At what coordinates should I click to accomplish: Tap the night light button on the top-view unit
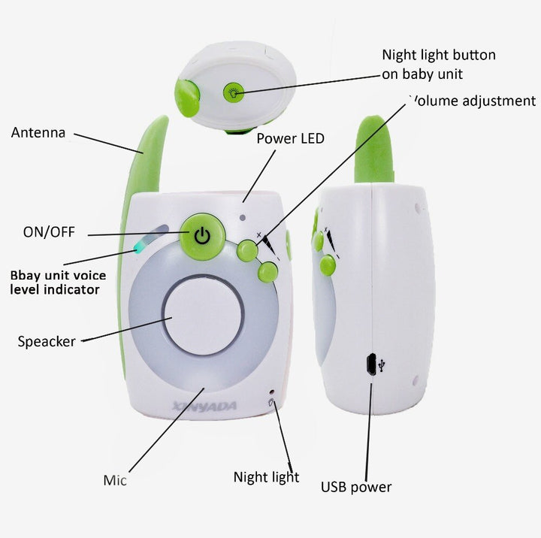coord(232,92)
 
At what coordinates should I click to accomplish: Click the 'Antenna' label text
coord(38,133)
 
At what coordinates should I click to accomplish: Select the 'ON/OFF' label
coord(49,231)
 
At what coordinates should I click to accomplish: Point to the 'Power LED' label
coord(290,138)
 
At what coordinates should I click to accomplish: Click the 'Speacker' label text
coord(47,342)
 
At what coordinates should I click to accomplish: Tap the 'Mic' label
coord(115,480)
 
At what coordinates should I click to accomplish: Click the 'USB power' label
coord(356,487)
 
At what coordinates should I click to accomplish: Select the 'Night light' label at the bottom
coord(266,477)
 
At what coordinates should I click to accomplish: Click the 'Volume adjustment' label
coord(472,101)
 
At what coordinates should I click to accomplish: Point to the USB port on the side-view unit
coord(371,364)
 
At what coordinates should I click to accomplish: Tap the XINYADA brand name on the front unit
coord(204,407)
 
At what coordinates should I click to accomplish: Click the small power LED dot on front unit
coord(243,219)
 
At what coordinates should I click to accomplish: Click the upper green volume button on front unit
coord(247,251)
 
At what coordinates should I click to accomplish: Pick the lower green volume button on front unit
coord(267,272)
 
